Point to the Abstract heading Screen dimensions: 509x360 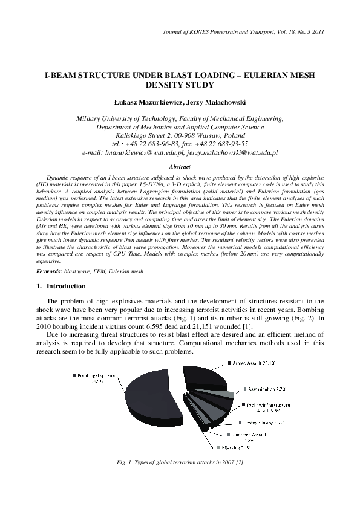coord(180,166)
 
